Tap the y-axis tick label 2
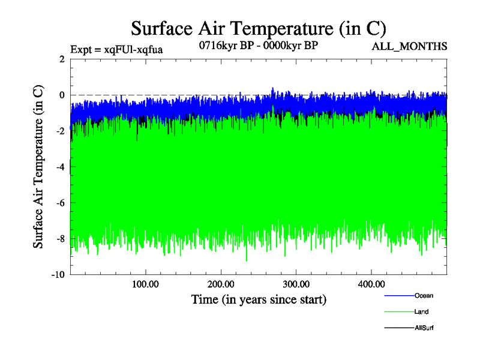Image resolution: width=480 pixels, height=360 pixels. point(62,59)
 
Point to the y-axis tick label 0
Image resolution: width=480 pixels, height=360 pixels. point(62,95)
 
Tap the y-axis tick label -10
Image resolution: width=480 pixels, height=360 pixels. point(58,275)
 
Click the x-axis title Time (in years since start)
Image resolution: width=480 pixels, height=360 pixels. point(259,299)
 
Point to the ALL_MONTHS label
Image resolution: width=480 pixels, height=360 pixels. point(410,46)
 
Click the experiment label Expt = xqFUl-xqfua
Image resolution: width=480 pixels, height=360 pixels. point(116,49)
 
